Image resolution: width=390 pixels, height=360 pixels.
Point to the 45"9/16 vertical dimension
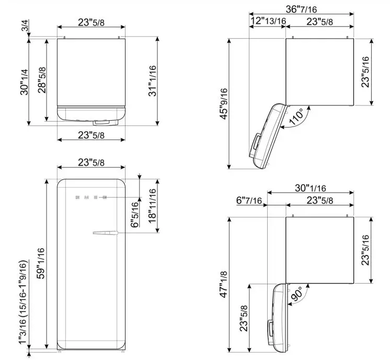coord(223,103)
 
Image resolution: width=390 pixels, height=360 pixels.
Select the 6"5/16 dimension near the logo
coord(135,214)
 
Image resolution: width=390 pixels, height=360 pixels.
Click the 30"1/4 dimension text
coord(24,82)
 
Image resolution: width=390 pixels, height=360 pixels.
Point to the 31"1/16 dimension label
coord(152,80)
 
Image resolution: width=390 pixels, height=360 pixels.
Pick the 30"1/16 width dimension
coord(310,188)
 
